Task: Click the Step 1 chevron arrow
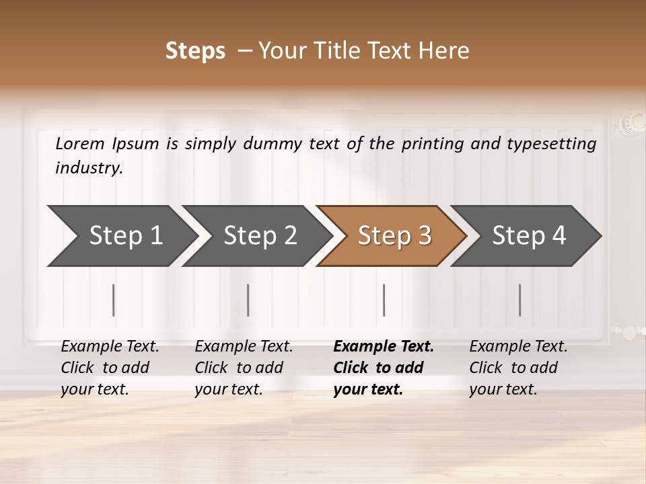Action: (x=121, y=236)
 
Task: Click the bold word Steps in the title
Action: (x=195, y=51)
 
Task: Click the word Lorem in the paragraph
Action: (x=80, y=144)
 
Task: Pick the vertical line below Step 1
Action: (x=114, y=300)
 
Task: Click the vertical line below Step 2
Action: (x=248, y=300)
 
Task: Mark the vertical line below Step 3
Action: (x=384, y=300)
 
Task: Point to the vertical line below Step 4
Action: (x=519, y=300)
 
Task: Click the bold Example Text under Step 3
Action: (x=384, y=347)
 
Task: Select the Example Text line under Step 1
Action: (x=110, y=347)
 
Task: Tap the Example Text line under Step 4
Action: (x=518, y=347)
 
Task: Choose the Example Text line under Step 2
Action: (x=244, y=347)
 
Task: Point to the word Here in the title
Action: (x=446, y=51)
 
